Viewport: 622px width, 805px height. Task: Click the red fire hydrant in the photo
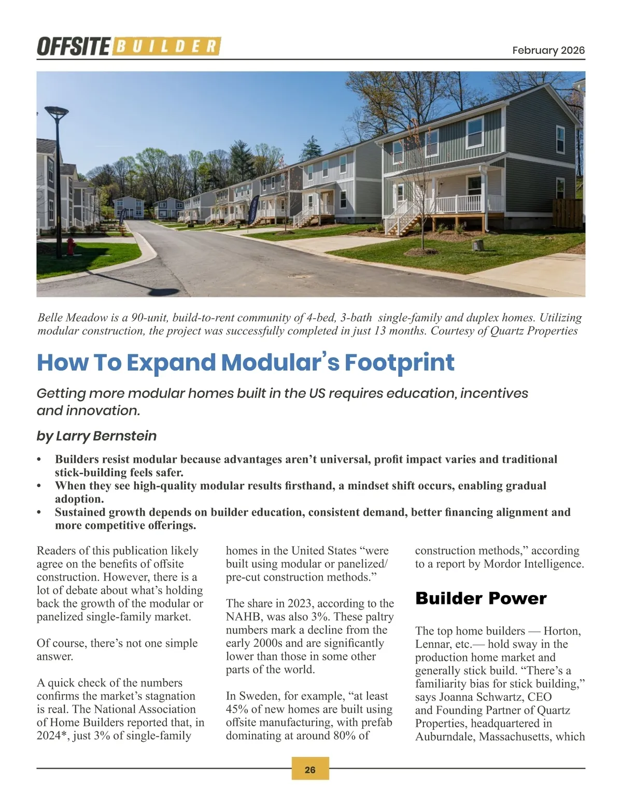pyautogui.click(x=72, y=244)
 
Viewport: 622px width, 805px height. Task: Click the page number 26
pyautogui.click(x=310, y=770)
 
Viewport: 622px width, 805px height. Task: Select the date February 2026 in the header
pyautogui.click(x=548, y=50)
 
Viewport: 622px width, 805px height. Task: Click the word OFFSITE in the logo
pyautogui.click(x=73, y=47)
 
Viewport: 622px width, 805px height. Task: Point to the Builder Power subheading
pyautogui.click(x=480, y=598)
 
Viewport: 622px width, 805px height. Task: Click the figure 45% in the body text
pyautogui.click(x=237, y=709)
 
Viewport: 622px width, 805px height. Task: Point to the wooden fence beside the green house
pyautogui.click(x=567, y=214)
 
